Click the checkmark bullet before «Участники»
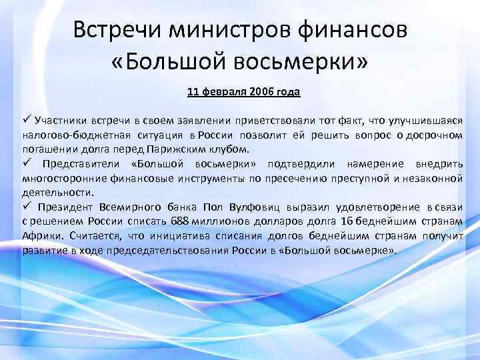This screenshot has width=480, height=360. (27, 120)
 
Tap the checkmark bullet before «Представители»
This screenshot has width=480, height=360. (27, 163)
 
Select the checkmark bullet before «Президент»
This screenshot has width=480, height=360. (27, 207)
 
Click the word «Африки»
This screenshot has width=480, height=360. (39, 236)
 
